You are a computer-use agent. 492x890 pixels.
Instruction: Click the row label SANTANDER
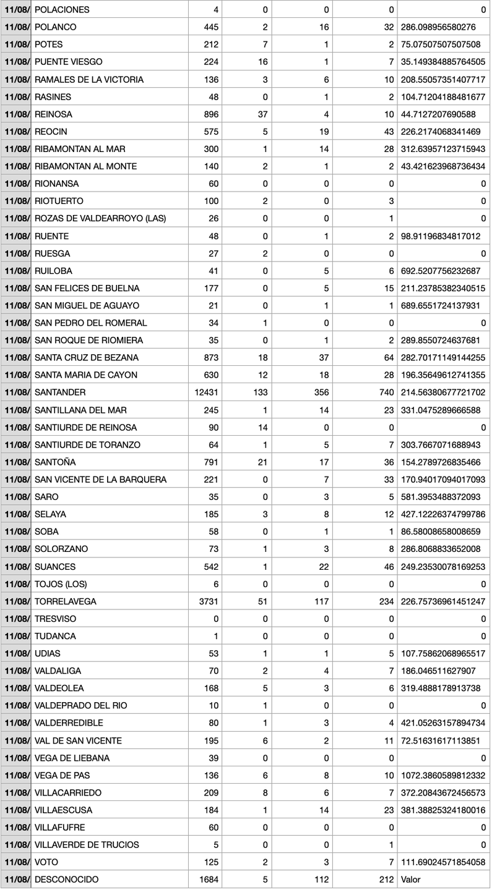click(60, 392)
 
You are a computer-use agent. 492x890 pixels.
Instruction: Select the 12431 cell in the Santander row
click(207, 392)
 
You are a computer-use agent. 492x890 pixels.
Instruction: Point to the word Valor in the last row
click(410, 879)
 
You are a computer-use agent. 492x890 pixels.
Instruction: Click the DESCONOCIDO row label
click(66, 879)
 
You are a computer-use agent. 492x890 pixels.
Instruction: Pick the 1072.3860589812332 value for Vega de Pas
click(442, 775)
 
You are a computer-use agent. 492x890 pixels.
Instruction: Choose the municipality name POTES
click(48, 44)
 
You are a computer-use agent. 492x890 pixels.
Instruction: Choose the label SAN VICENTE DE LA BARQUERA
click(100, 479)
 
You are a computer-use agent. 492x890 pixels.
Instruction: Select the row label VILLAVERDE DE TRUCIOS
click(87, 844)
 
